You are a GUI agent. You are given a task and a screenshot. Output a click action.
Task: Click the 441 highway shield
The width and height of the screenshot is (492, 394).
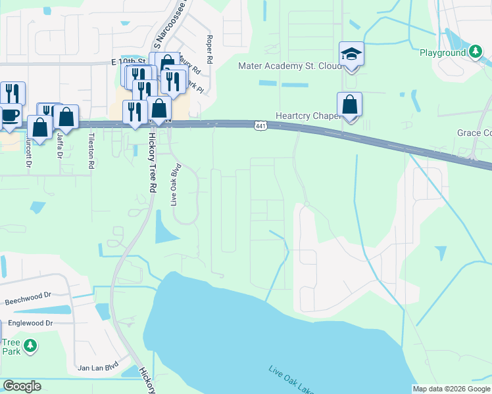(x=260, y=125)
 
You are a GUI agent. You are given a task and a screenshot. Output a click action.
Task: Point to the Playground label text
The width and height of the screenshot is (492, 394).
(x=443, y=52)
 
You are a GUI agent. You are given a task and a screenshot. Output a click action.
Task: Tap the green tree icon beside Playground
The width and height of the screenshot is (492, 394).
(x=475, y=51)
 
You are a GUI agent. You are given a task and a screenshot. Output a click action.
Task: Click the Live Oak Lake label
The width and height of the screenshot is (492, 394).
(x=292, y=379)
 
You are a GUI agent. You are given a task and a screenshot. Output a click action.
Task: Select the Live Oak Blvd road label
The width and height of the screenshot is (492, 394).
(x=176, y=185)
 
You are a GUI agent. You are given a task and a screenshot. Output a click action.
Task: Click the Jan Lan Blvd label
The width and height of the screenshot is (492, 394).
(x=97, y=367)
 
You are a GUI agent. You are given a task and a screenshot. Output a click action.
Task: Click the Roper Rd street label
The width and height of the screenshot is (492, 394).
(x=209, y=49)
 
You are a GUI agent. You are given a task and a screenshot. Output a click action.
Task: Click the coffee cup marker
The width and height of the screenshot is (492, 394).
(x=9, y=116)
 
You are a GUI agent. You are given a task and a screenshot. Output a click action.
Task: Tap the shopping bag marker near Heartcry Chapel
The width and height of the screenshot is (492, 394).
(x=350, y=104)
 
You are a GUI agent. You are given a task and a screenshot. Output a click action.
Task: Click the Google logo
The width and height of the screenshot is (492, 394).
(x=22, y=386)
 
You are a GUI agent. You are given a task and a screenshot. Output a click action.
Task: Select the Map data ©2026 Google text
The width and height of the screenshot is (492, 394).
(x=451, y=389)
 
